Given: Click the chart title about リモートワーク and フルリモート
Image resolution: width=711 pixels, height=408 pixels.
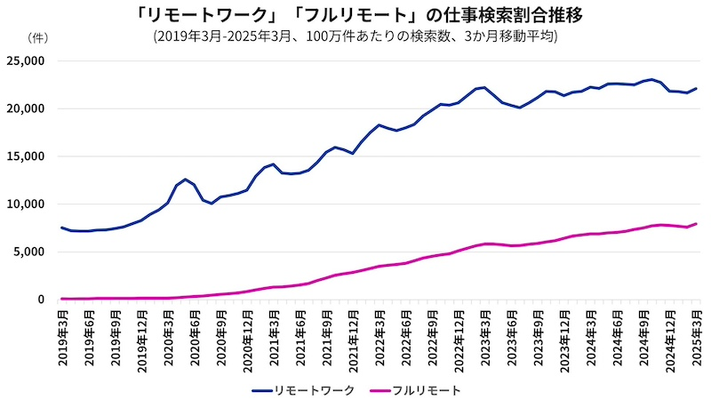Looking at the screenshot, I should (x=355, y=15).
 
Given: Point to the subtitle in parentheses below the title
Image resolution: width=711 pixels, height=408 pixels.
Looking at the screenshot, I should (x=355, y=36).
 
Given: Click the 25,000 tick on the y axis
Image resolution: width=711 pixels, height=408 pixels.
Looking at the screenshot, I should (x=26, y=61).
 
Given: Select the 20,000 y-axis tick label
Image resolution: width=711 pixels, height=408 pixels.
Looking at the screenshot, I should (x=26, y=108).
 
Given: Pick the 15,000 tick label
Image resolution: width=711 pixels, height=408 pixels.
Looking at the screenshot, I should (x=26, y=156).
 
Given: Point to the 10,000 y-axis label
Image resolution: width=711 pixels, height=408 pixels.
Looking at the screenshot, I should (x=26, y=204).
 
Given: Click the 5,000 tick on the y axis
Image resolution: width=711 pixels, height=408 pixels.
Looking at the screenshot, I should (x=29, y=252).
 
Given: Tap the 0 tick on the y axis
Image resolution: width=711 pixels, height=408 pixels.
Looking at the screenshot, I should (x=41, y=300).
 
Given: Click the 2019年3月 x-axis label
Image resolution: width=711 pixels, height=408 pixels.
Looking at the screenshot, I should (x=62, y=338).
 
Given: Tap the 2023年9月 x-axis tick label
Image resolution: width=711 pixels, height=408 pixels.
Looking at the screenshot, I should (x=538, y=338).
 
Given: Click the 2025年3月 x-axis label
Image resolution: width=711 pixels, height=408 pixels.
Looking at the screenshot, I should (x=696, y=338).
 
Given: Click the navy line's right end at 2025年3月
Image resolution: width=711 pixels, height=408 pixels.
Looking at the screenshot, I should (x=696, y=88).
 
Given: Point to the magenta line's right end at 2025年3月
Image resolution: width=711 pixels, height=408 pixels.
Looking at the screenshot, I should (x=696, y=223).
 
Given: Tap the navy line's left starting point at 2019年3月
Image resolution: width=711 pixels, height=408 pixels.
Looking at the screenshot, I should (x=62, y=228).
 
